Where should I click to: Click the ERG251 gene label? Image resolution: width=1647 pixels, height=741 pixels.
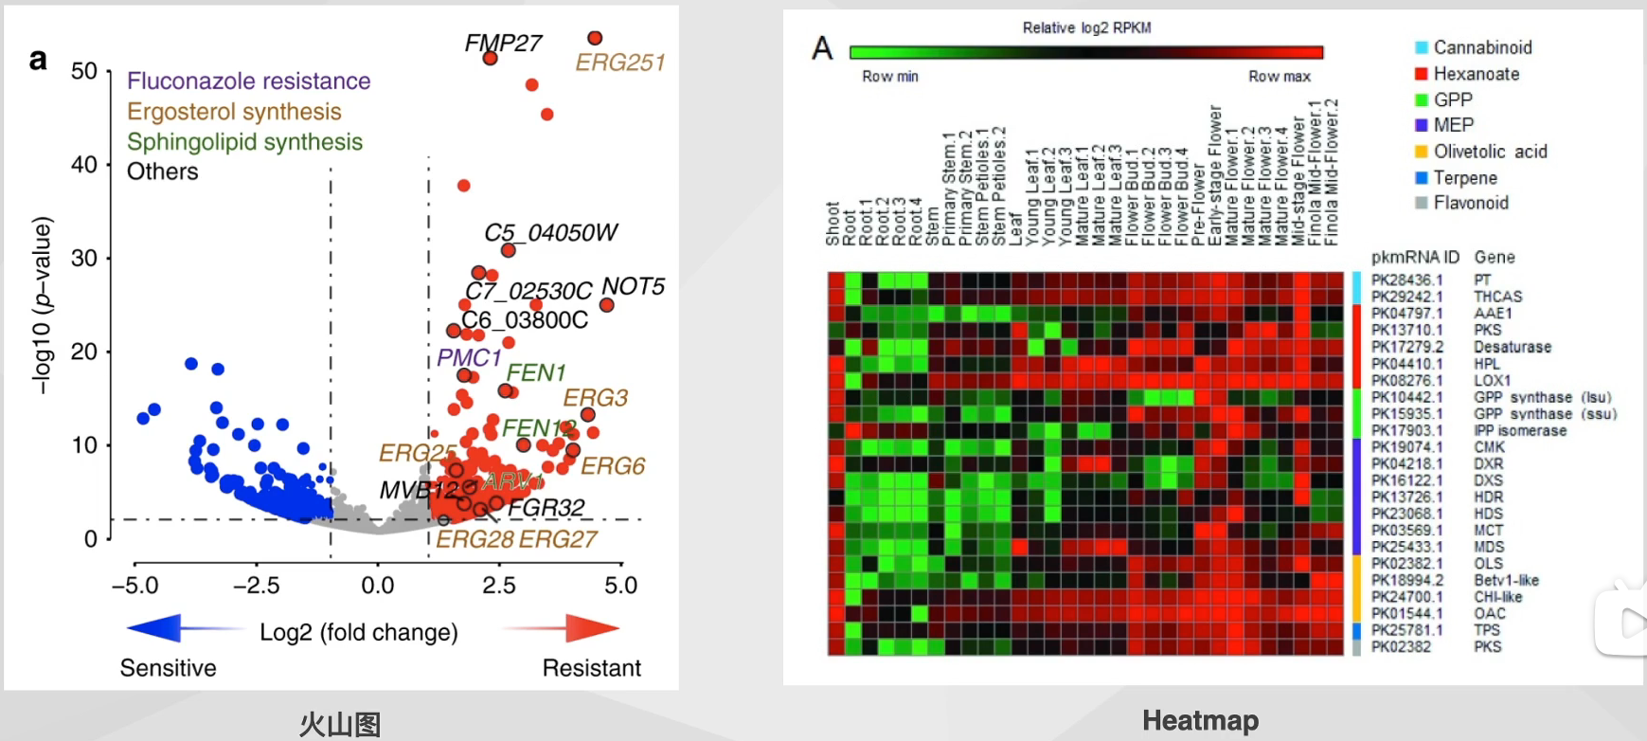(620, 63)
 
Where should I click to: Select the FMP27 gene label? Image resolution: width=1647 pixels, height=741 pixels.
(503, 43)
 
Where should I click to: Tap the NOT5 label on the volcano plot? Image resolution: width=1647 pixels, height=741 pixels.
(633, 286)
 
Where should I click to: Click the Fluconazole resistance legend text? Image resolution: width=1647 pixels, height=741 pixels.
(248, 81)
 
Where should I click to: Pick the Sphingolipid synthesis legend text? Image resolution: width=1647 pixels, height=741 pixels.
(244, 142)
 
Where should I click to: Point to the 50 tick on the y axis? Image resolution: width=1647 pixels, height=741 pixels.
(84, 71)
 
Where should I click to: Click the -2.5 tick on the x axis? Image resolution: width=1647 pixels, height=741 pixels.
(256, 586)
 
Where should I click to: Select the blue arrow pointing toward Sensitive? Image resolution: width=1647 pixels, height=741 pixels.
(180, 628)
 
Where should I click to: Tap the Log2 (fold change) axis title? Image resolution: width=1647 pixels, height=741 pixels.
(359, 632)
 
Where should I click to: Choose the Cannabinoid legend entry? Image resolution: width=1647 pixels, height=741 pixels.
(1482, 47)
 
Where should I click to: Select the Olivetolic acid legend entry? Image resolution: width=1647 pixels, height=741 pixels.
(1490, 152)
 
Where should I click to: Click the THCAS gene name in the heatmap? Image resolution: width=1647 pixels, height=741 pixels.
(1497, 297)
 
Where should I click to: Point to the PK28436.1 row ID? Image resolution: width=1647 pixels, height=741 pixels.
(1406, 280)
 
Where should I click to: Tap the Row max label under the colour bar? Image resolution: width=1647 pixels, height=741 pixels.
(1279, 77)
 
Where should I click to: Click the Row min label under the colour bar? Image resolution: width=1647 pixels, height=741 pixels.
(889, 77)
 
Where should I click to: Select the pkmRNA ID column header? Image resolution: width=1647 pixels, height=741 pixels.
(1414, 257)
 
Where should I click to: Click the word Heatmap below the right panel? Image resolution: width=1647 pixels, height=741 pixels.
(1200, 720)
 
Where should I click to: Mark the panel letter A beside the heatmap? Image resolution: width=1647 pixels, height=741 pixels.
(822, 47)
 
